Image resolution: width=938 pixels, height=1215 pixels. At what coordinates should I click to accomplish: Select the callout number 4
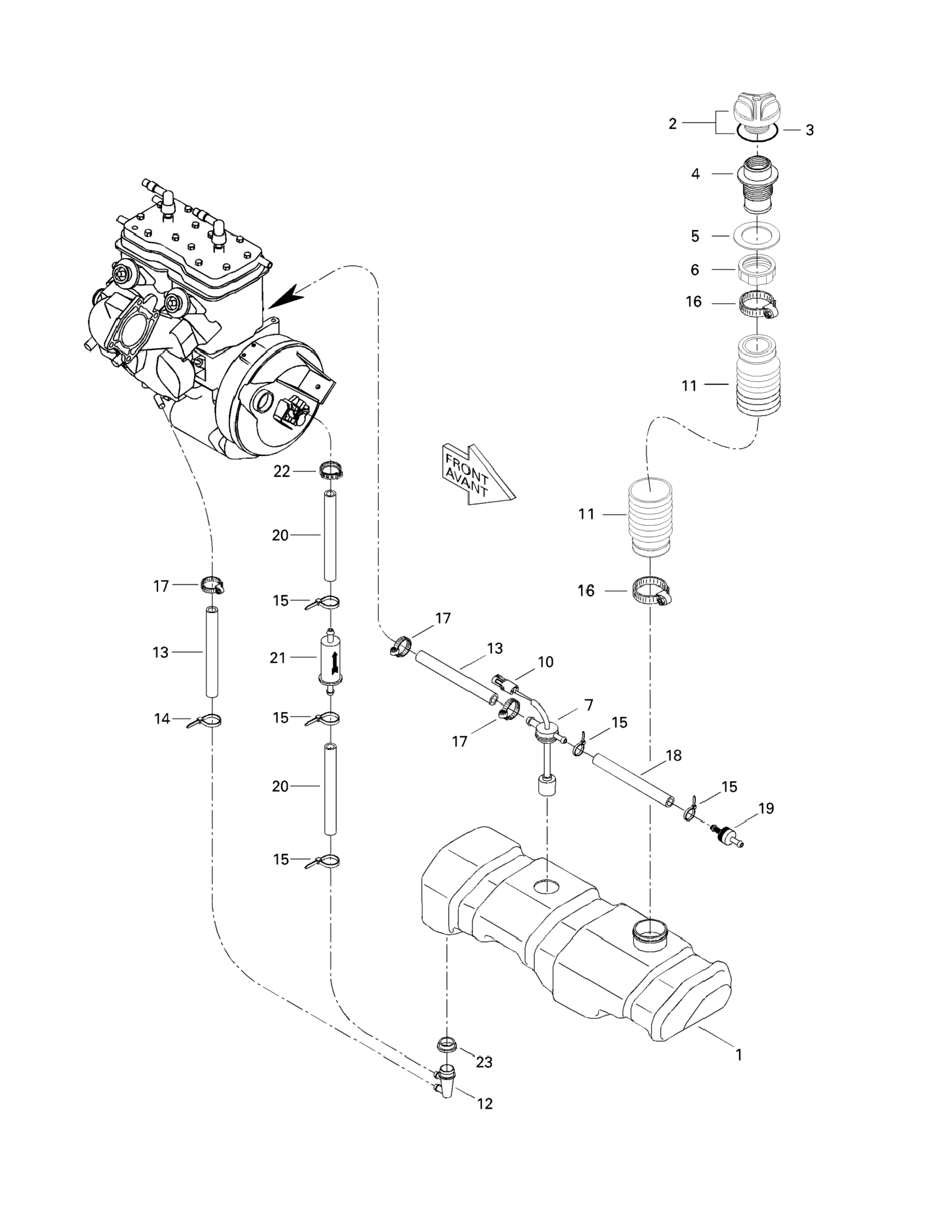coord(696,174)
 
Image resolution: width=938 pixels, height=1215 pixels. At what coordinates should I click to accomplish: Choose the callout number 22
coord(282,472)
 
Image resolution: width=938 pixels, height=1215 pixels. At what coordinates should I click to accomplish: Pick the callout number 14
coord(162,719)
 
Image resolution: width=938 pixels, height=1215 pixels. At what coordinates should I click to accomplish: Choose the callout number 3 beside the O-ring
coord(809,130)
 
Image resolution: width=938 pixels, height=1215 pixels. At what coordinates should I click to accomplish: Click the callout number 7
coord(589,705)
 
